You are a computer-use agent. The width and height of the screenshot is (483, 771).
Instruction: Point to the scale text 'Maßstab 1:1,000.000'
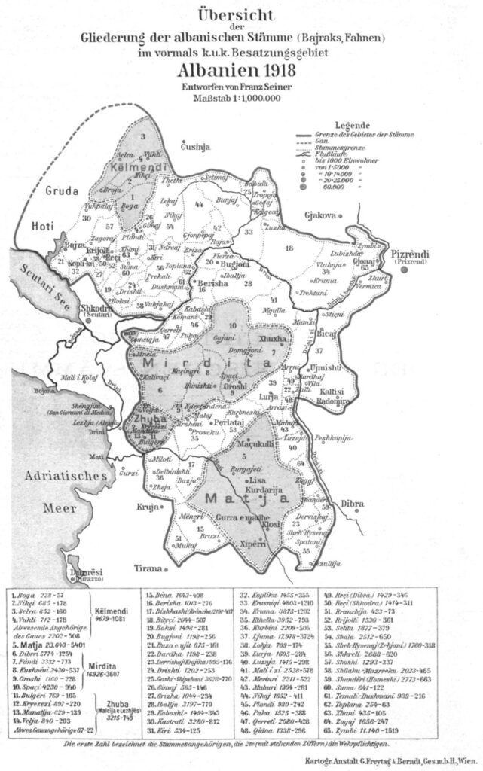(240, 99)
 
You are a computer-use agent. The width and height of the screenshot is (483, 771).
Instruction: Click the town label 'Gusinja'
(193, 148)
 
